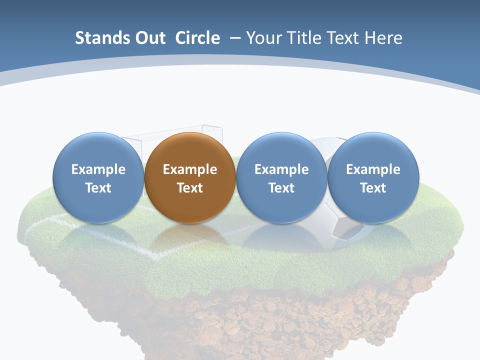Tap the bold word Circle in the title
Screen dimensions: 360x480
[x=197, y=38]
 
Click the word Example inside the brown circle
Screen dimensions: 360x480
[x=190, y=169]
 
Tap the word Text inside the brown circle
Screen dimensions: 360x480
[x=190, y=188]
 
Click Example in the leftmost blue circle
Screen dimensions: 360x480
[x=98, y=169]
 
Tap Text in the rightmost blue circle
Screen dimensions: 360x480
[x=373, y=188]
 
